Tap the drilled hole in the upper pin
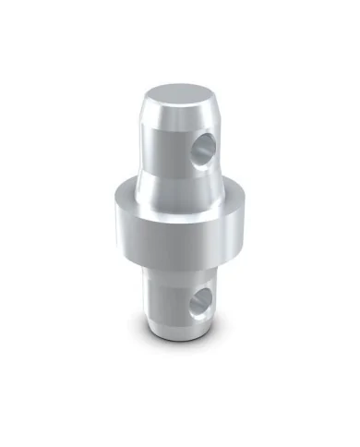pos(205,145)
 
